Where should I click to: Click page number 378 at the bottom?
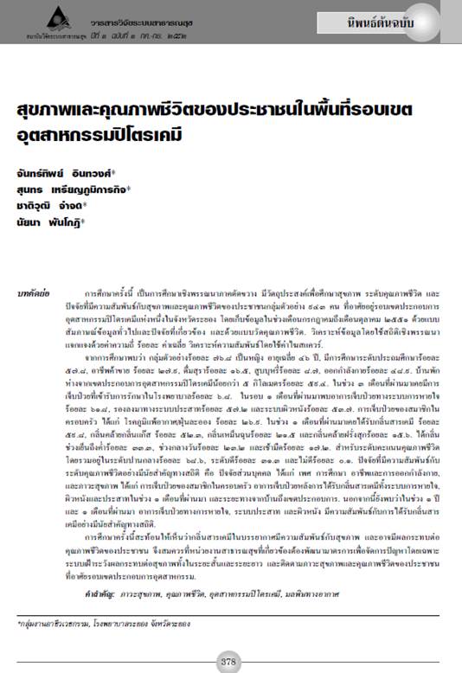point(228,661)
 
